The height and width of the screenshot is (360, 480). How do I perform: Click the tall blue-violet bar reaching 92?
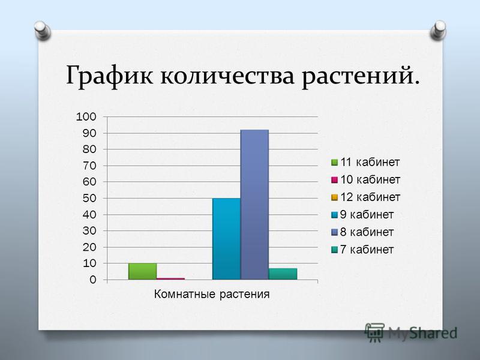click(x=254, y=205)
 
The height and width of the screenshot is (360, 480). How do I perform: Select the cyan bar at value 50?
click(x=227, y=239)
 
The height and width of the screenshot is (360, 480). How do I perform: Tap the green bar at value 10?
click(x=143, y=271)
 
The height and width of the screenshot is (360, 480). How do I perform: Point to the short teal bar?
click(x=283, y=274)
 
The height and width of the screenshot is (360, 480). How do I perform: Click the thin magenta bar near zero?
click(x=171, y=278)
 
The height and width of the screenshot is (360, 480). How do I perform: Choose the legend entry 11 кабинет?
click(x=365, y=162)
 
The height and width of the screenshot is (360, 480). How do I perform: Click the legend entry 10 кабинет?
click(x=365, y=179)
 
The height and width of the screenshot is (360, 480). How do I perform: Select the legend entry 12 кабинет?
click(x=365, y=197)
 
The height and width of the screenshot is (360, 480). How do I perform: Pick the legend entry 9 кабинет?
click(x=362, y=215)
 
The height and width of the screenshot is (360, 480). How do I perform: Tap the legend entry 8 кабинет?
click(x=362, y=232)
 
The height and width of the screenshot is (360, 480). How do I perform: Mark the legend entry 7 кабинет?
click(x=362, y=250)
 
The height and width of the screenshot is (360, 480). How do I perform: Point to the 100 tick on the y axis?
click(x=86, y=116)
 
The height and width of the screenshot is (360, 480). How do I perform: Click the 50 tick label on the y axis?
click(x=89, y=198)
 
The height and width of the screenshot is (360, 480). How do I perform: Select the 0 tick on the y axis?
click(x=93, y=280)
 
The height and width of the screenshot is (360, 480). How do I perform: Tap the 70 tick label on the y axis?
click(x=89, y=166)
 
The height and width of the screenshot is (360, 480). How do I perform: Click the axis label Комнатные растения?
click(x=212, y=294)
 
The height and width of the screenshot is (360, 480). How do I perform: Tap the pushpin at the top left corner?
click(x=42, y=31)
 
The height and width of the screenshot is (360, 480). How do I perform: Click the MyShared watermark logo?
click(x=411, y=333)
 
